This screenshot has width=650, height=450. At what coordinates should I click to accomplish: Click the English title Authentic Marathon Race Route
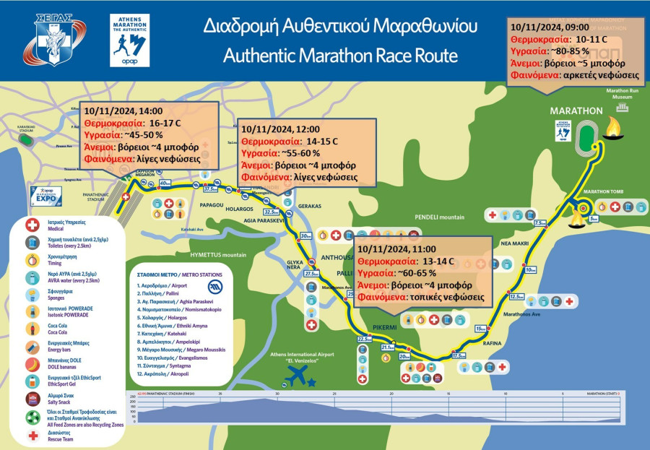coord(340,56)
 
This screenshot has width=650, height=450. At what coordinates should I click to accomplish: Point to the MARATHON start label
coord(576,111)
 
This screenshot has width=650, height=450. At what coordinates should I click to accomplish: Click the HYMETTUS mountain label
coord(214,255)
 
